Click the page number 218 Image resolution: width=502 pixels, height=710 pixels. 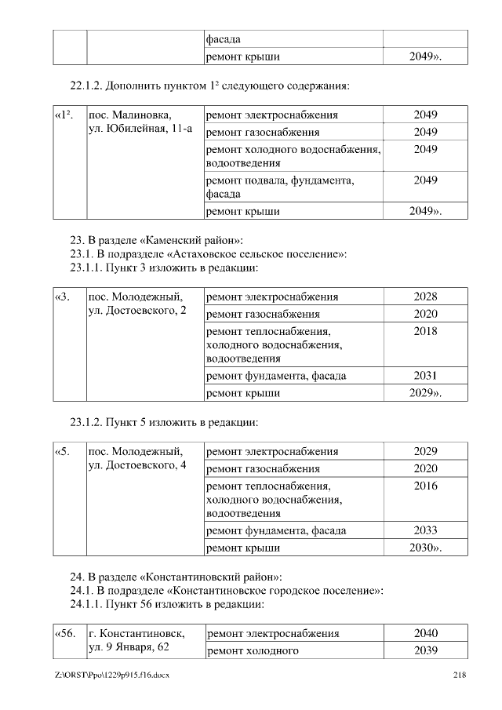click(460, 675)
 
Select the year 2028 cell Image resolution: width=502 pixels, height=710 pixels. click(425, 297)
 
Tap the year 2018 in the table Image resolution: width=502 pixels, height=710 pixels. click(425, 331)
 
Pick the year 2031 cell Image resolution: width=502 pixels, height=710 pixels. click(425, 376)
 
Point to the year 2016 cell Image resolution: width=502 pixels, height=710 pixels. click(425, 486)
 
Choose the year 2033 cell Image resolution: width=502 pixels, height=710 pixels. click(425, 530)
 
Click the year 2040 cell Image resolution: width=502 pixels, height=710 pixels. click(425, 633)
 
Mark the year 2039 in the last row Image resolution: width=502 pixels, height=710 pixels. click(425, 650)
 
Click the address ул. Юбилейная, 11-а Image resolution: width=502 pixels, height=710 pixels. click(140, 129)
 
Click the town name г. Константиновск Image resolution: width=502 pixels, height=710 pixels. click(137, 633)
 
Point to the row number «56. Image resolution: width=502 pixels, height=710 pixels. click(65, 633)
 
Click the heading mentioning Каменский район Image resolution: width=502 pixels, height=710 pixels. click(157, 240)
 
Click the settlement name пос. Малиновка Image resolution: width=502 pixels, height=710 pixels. click(129, 115)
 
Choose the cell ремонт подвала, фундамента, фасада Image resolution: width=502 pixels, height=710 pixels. click(280, 187)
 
